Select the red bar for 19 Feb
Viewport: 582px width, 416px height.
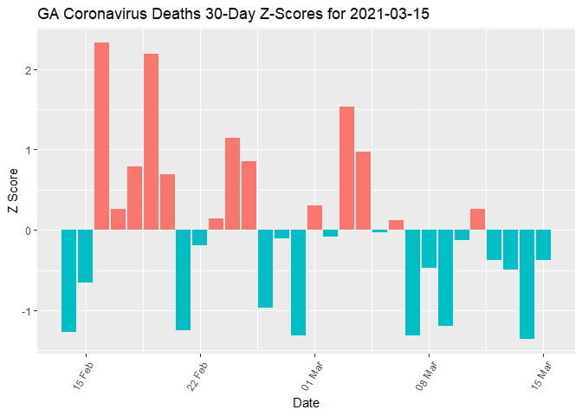[x=151, y=142]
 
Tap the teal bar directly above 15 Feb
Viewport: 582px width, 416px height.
[x=85, y=257]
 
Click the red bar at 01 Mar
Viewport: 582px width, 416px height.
[x=314, y=218]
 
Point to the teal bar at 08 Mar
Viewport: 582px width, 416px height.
[x=429, y=249]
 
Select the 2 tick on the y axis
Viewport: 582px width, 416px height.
[x=29, y=70]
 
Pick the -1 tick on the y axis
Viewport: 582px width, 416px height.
[x=27, y=310]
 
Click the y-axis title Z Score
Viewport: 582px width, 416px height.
[x=12, y=196]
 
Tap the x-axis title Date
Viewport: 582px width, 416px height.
[x=307, y=403]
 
